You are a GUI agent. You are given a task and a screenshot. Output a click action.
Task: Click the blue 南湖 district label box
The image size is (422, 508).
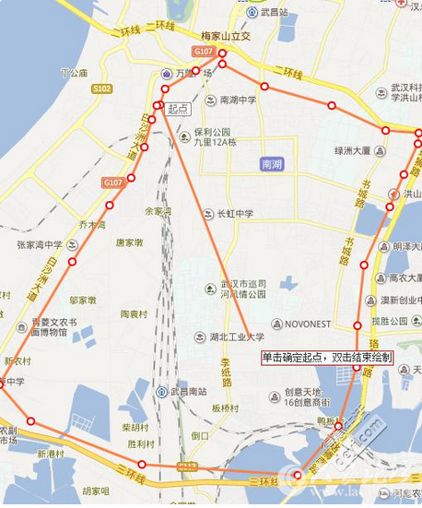point(272,164)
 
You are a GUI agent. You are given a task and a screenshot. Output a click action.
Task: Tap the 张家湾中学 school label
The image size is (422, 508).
point(38,244)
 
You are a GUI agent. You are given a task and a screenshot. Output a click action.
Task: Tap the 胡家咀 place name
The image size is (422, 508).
point(95,490)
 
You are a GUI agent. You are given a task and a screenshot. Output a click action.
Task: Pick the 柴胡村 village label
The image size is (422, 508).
point(135,428)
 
